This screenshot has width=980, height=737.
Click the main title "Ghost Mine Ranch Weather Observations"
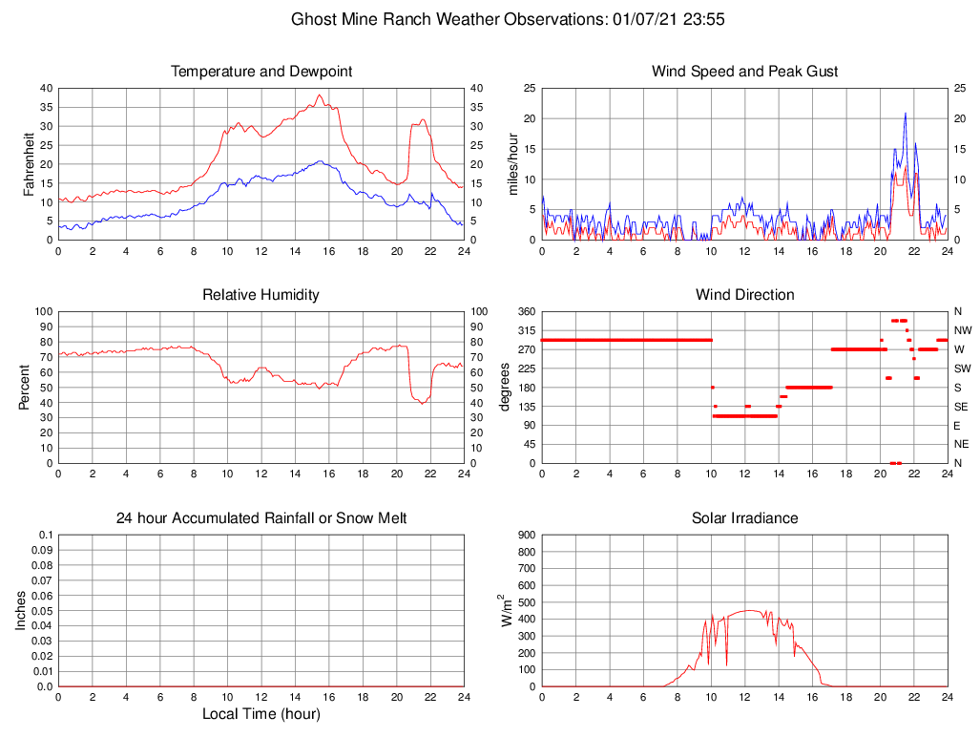[447, 19]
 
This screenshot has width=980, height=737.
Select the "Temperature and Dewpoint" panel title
[261, 72]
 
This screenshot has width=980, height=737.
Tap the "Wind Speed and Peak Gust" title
[744, 72]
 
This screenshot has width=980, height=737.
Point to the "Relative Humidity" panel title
[261, 295]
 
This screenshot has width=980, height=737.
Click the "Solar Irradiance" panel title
[744, 518]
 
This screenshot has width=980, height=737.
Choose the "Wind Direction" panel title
[744, 295]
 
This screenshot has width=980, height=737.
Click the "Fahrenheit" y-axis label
[29, 163]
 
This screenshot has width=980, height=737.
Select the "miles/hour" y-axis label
[512, 163]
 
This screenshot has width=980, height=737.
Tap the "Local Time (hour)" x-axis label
[261, 714]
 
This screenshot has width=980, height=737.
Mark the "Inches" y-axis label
[21, 610]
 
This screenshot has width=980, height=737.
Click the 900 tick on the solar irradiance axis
[526, 536]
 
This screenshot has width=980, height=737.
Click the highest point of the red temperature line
[320, 95]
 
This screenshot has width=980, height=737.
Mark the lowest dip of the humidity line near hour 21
[423, 404]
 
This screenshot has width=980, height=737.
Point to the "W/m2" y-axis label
[508, 610]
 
